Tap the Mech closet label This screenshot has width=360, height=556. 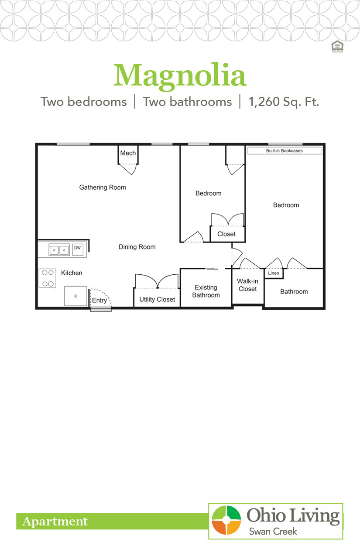(128, 153)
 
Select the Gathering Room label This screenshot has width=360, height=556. (103, 188)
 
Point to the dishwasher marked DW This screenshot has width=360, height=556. (78, 248)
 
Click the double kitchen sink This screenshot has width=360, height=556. (59, 250)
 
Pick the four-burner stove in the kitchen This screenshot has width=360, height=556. (48, 278)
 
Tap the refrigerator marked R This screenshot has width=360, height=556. (75, 297)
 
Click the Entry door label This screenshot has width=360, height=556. (99, 300)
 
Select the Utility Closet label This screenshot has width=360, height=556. (157, 300)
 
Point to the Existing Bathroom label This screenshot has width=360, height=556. (206, 291)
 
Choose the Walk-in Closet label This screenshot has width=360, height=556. (247, 285)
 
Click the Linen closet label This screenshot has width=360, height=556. (274, 273)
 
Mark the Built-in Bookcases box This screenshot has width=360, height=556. (285, 151)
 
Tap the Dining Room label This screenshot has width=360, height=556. (137, 247)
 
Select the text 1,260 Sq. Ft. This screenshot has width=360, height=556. (284, 102)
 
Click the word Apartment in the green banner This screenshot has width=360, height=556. (55, 522)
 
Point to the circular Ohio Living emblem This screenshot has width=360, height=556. (226, 520)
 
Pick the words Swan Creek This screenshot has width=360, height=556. (273, 531)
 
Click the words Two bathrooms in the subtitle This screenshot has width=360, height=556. (187, 102)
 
